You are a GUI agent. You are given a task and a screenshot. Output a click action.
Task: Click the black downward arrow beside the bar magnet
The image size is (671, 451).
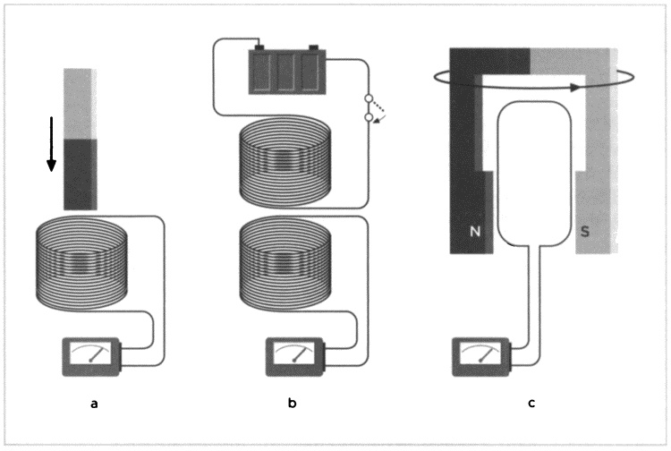(51, 143)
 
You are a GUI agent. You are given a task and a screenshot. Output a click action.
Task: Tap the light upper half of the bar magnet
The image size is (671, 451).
(79, 103)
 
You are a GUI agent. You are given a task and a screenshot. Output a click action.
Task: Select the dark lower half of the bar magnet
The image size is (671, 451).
(79, 173)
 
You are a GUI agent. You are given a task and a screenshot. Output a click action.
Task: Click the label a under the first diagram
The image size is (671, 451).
(94, 404)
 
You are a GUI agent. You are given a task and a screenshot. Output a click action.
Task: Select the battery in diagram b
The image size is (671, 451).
(286, 72)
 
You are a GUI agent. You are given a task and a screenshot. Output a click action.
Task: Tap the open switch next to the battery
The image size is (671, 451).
(368, 106)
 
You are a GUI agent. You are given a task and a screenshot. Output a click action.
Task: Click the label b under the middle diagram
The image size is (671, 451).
(293, 404)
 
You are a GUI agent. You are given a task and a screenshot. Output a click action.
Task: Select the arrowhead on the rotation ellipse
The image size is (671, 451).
(570, 88)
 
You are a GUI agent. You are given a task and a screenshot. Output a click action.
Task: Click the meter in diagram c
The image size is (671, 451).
(482, 354)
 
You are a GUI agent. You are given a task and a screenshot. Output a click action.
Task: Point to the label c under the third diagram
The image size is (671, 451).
(531, 404)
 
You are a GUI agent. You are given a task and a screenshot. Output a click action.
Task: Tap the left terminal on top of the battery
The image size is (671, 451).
(259, 47)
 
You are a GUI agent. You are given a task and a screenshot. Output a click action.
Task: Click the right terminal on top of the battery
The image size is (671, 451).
(314, 47)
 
